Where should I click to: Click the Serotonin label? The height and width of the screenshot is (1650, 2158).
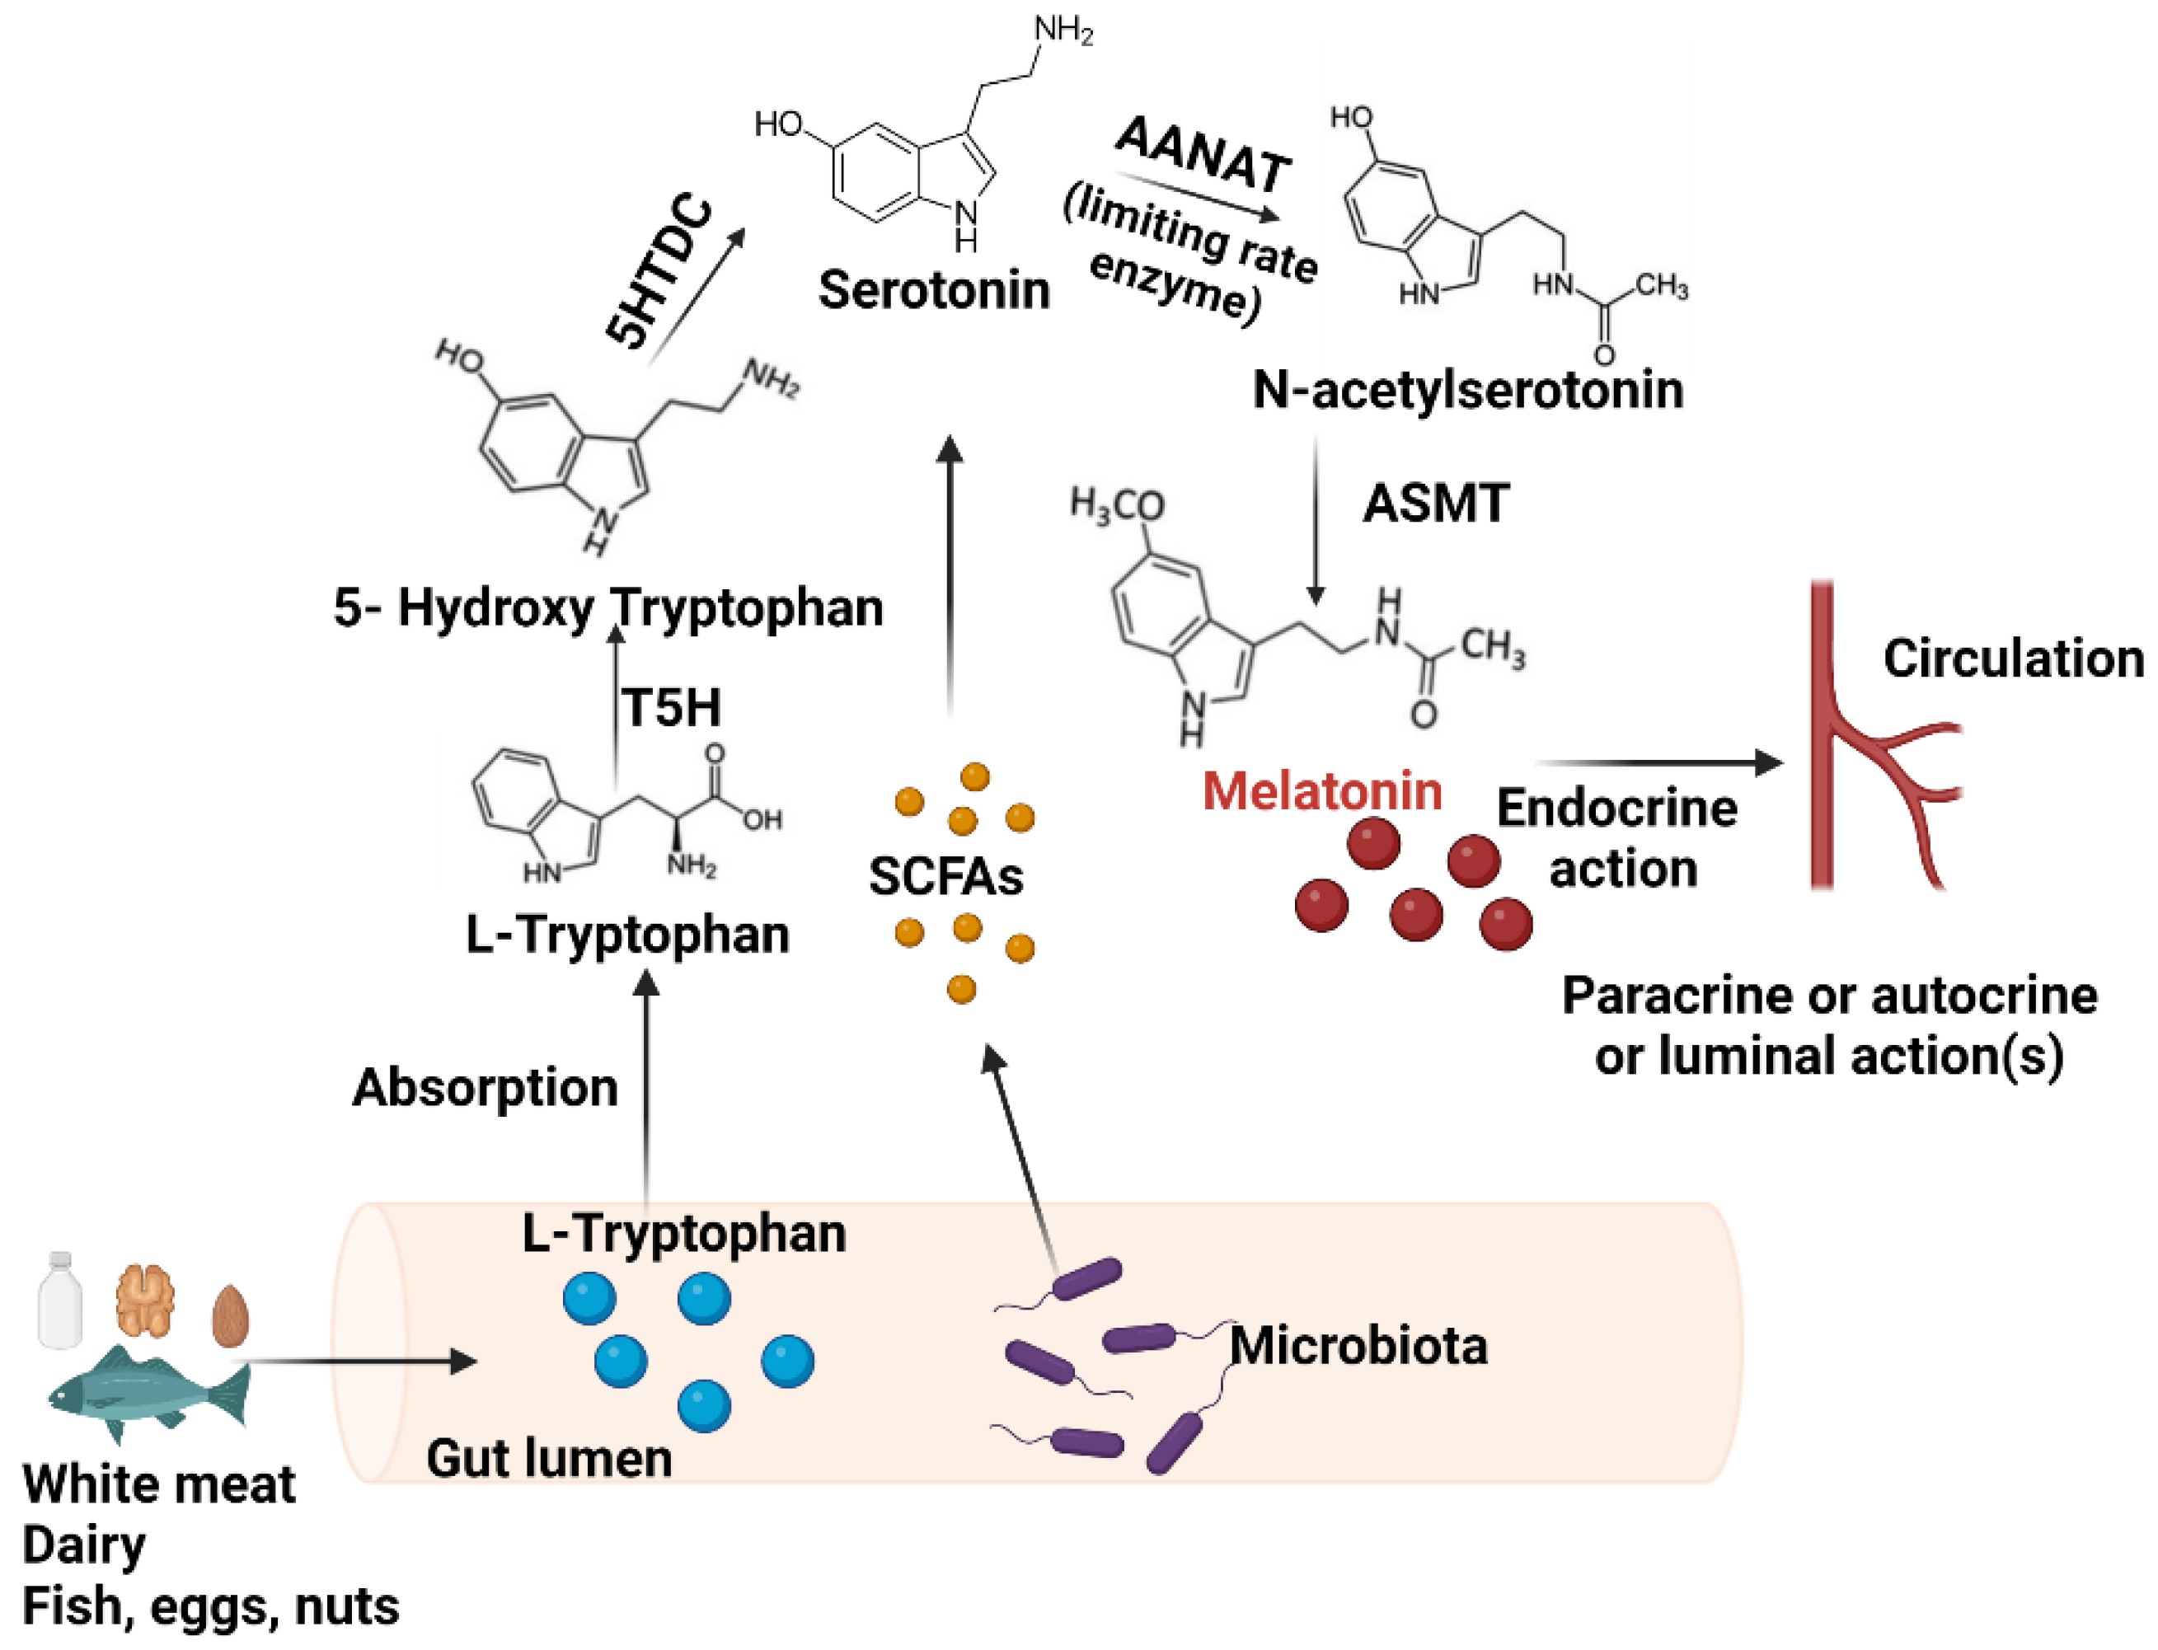pos(933,291)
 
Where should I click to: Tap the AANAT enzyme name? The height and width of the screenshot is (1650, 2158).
pos(1203,154)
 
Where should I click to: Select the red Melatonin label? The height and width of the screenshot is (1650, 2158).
pos(1321,791)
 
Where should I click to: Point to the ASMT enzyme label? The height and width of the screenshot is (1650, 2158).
pos(1435,504)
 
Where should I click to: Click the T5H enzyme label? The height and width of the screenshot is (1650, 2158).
pos(672,707)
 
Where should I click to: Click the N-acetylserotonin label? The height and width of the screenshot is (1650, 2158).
pos(1467,390)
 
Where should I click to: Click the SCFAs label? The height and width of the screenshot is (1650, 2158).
pos(945,876)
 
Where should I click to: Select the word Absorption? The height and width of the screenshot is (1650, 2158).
pos(486,1087)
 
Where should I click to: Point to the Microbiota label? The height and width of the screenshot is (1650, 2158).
pos(1358,1346)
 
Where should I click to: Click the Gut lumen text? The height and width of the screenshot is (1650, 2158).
pos(549,1459)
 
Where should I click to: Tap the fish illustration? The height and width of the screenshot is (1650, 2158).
pos(148,1395)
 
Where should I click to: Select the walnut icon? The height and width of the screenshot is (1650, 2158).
pos(145,1301)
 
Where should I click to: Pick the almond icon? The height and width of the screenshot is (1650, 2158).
pos(230,1316)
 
